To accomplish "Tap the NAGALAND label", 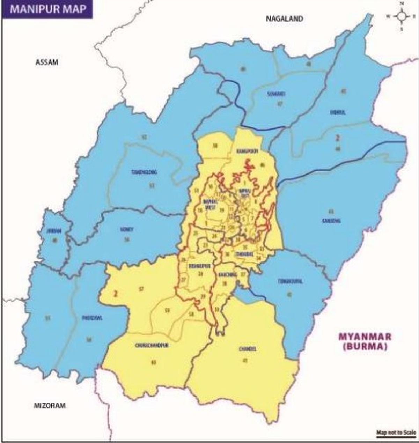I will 284,19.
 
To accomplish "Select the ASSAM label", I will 47,62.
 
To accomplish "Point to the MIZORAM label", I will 50,405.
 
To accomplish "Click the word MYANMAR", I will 365,337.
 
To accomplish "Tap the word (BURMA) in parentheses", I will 365,347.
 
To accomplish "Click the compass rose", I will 401,16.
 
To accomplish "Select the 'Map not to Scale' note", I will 396,433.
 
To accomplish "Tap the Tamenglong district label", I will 144,172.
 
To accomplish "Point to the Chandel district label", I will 248,349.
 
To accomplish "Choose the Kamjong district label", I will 331,221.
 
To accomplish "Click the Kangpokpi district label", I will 247,151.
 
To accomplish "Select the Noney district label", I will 126,230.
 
